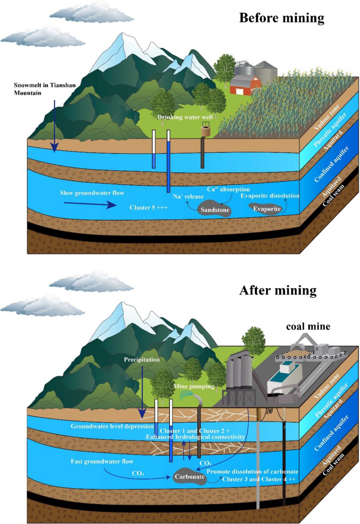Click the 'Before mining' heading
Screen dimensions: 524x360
282,18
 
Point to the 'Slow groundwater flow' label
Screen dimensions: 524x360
92,193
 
